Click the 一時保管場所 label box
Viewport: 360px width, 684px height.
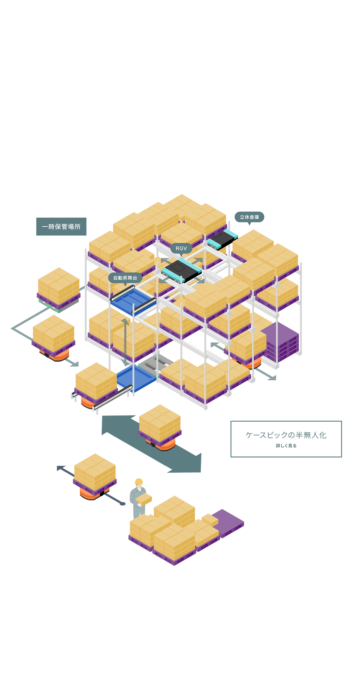pyautogui.click(x=61, y=226)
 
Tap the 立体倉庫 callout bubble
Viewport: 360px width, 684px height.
pyautogui.click(x=249, y=217)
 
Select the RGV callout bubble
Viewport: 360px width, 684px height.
pyautogui.click(x=181, y=248)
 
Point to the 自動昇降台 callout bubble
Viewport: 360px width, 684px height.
pyautogui.click(x=125, y=278)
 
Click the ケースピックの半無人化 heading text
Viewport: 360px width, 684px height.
pyautogui.click(x=286, y=435)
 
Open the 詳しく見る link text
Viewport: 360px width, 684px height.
pyautogui.click(x=286, y=446)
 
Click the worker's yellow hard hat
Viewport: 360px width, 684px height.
pyautogui.click(x=139, y=481)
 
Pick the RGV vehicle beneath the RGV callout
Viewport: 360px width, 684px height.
pyautogui.click(x=181, y=270)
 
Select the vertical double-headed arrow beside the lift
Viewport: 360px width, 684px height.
pyautogui.click(x=125, y=342)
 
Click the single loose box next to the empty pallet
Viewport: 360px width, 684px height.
pyautogui.click(x=210, y=520)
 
